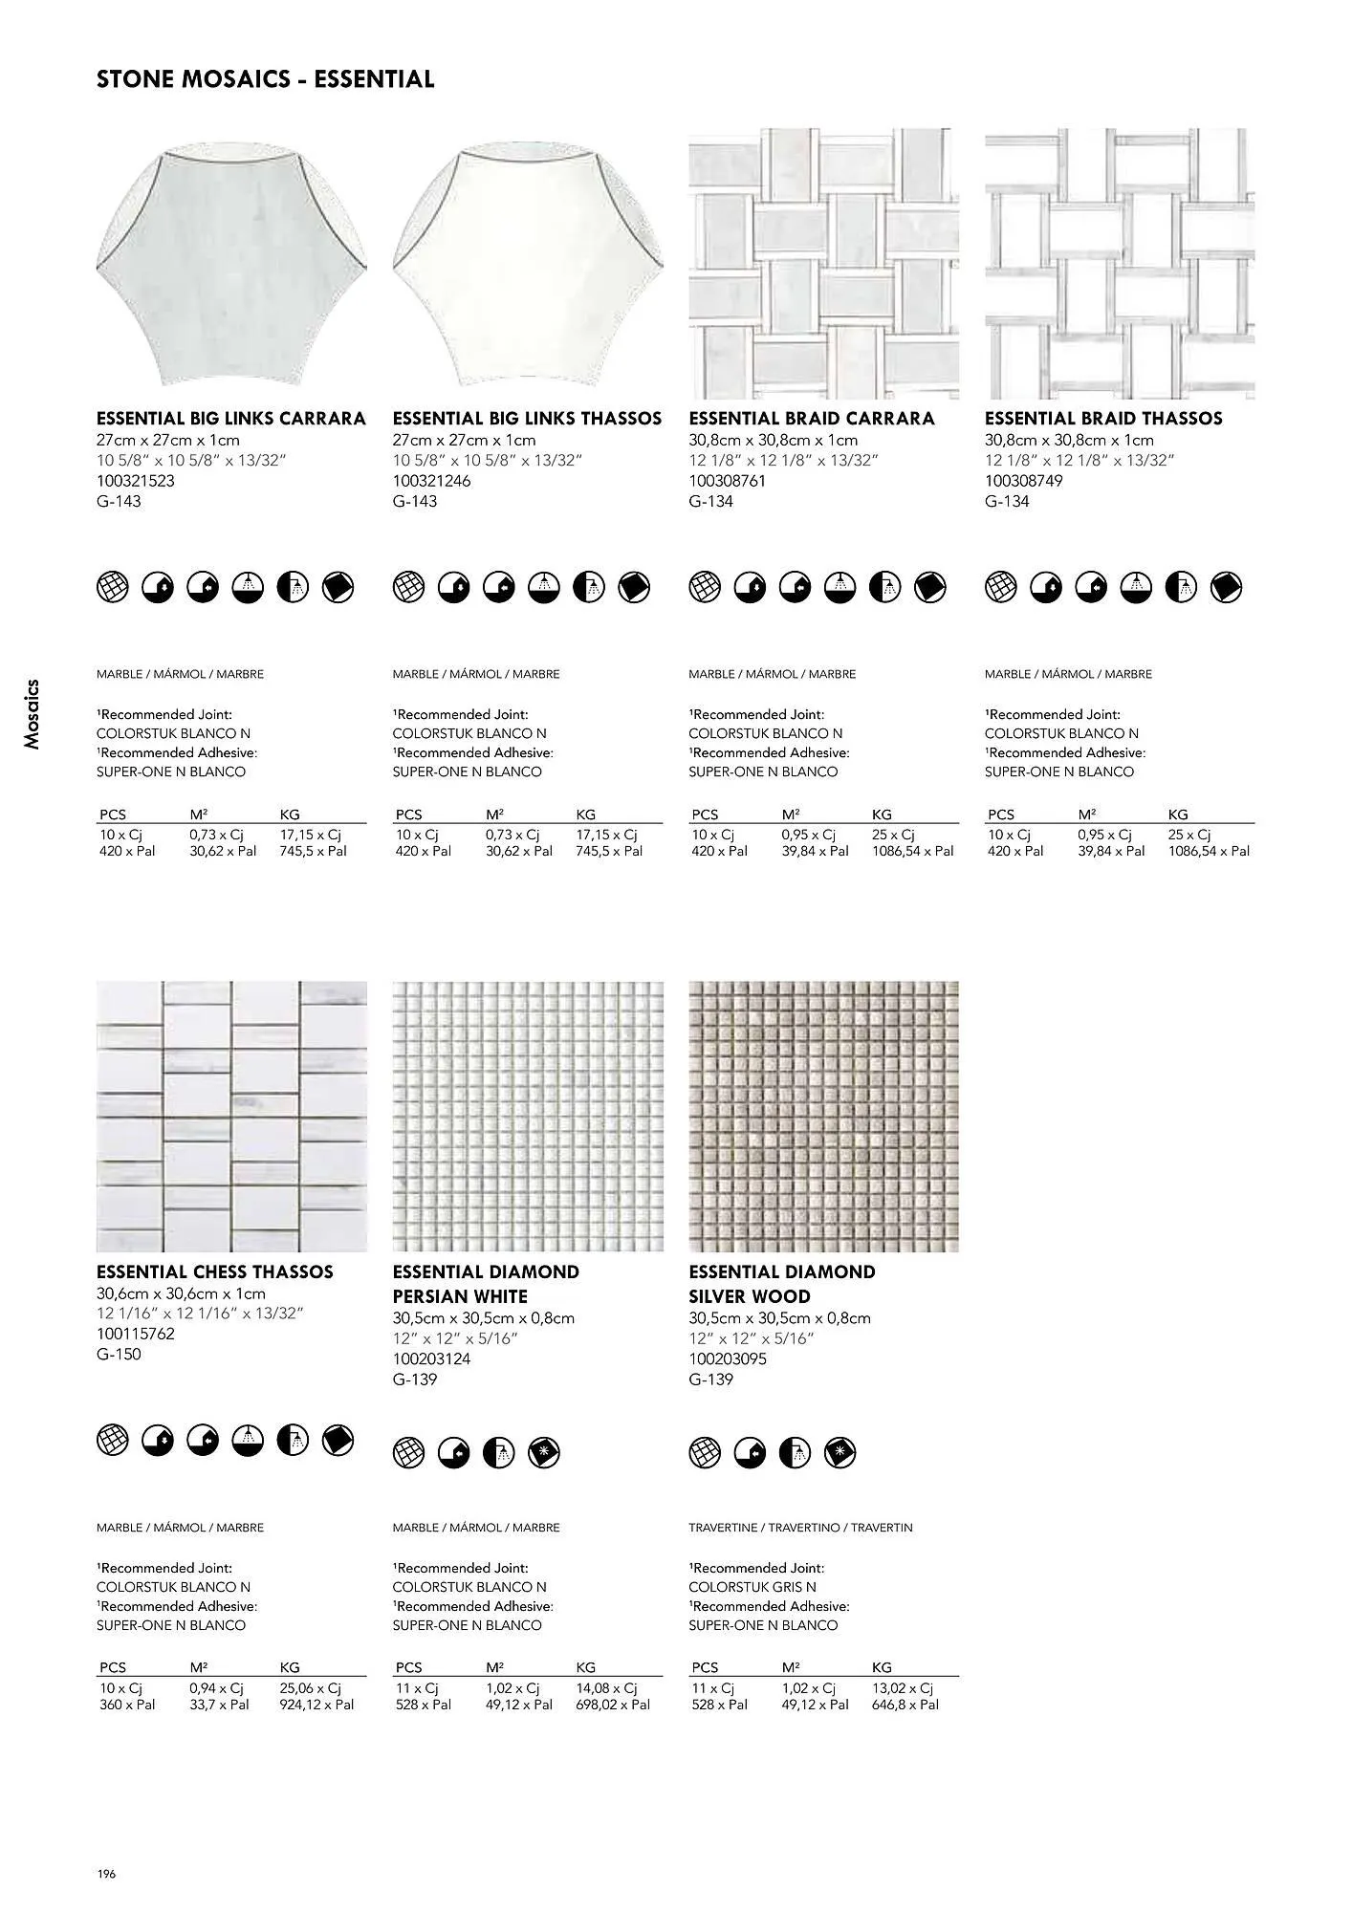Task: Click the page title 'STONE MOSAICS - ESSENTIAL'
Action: click(265, 79)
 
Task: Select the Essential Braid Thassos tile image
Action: click(1120, 264)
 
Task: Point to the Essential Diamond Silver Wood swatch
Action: click(823, 1116)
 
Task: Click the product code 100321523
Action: click(136, 481)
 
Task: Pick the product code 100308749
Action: click(1023, 481)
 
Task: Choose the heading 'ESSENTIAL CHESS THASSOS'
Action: click(215, 1271)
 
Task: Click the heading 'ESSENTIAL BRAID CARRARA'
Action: click(811, 419)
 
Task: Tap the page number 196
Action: click(105, 1875)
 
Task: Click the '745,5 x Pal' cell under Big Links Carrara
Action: click(313, 851)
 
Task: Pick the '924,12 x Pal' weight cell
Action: click(316, 1705)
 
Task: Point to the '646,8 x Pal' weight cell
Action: click(905, 1705)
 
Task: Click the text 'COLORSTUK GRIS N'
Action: click(752, 1587)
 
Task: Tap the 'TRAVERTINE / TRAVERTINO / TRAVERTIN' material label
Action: click(800, 1528)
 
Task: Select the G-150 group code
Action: click(119, 1354)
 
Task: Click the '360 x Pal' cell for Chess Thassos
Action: click(127, 1705)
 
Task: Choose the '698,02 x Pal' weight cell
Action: click(612, 1705)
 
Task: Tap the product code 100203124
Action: click(431, 1358)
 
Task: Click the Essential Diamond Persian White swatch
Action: click(528, 1116)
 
